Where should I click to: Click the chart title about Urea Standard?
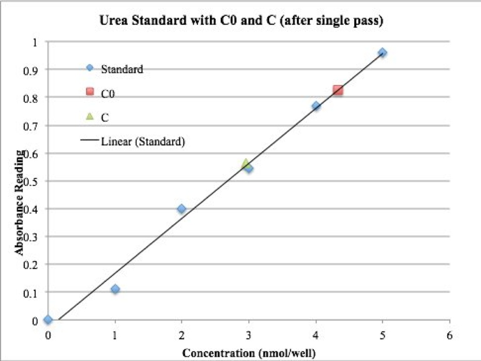(x=241, y=21)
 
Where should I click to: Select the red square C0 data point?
(x=338, y=91)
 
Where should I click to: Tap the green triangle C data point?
(x=245, y=163)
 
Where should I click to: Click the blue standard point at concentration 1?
(x=115, y=289)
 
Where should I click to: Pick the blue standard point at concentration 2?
(x=182, y=209)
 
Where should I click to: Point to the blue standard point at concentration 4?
(x=316, y=106)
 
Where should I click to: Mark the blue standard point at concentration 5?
(x=382, y=53)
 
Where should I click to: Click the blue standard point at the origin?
(x=48, y=320)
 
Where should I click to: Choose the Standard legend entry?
(x=115, y=69)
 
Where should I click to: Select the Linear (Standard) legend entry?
(x=133, y=142)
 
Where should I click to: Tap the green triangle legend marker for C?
(x=90, y=116)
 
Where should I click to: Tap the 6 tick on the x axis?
(x=450, y=336)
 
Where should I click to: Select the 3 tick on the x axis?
(x=249, y=336)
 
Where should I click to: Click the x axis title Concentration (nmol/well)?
(x=249, y=353)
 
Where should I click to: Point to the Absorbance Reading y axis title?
(x=19, y=203)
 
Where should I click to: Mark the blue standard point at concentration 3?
(x=249, y=168)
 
